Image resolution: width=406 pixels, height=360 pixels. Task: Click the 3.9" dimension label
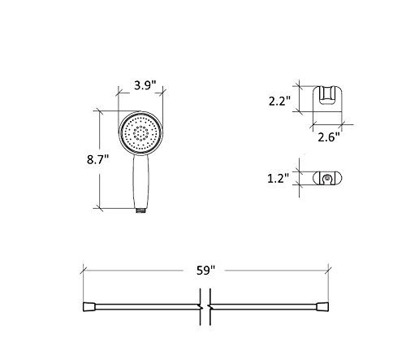(145, 85)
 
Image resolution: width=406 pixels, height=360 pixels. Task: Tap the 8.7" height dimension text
(97, 159)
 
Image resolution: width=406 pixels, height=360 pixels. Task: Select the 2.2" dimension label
(279, 102)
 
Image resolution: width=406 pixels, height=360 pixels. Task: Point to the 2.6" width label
(329, 137)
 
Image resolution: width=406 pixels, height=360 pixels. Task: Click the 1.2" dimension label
(279, 179)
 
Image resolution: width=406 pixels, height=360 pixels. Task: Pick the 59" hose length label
(205, 271)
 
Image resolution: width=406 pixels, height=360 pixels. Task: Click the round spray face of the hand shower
(140, 133)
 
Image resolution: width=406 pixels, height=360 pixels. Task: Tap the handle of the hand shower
(140, 181)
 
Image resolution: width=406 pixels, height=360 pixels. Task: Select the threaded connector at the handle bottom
(140, 210)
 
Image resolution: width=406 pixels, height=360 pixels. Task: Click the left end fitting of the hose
(89, 306)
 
